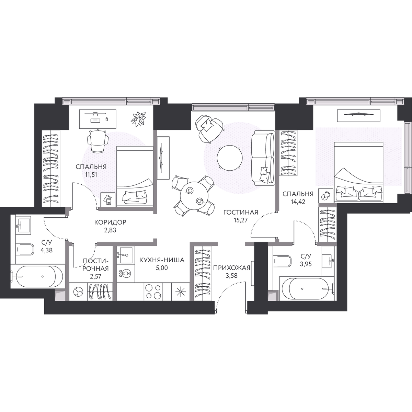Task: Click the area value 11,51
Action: pos(91,175)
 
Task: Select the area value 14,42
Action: pos(298,202)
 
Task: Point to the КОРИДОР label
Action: pos(110,222)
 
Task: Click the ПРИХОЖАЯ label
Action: pos(232,267)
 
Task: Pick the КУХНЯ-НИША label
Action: pos(162,260)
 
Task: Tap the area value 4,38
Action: pos(46,250)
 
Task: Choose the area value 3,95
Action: pos(306,264)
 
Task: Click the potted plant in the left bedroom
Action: pos(139,119)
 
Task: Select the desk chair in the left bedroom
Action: pos(98,141)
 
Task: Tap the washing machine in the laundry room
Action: pos(78,291)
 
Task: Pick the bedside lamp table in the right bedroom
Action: pos(325,196)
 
